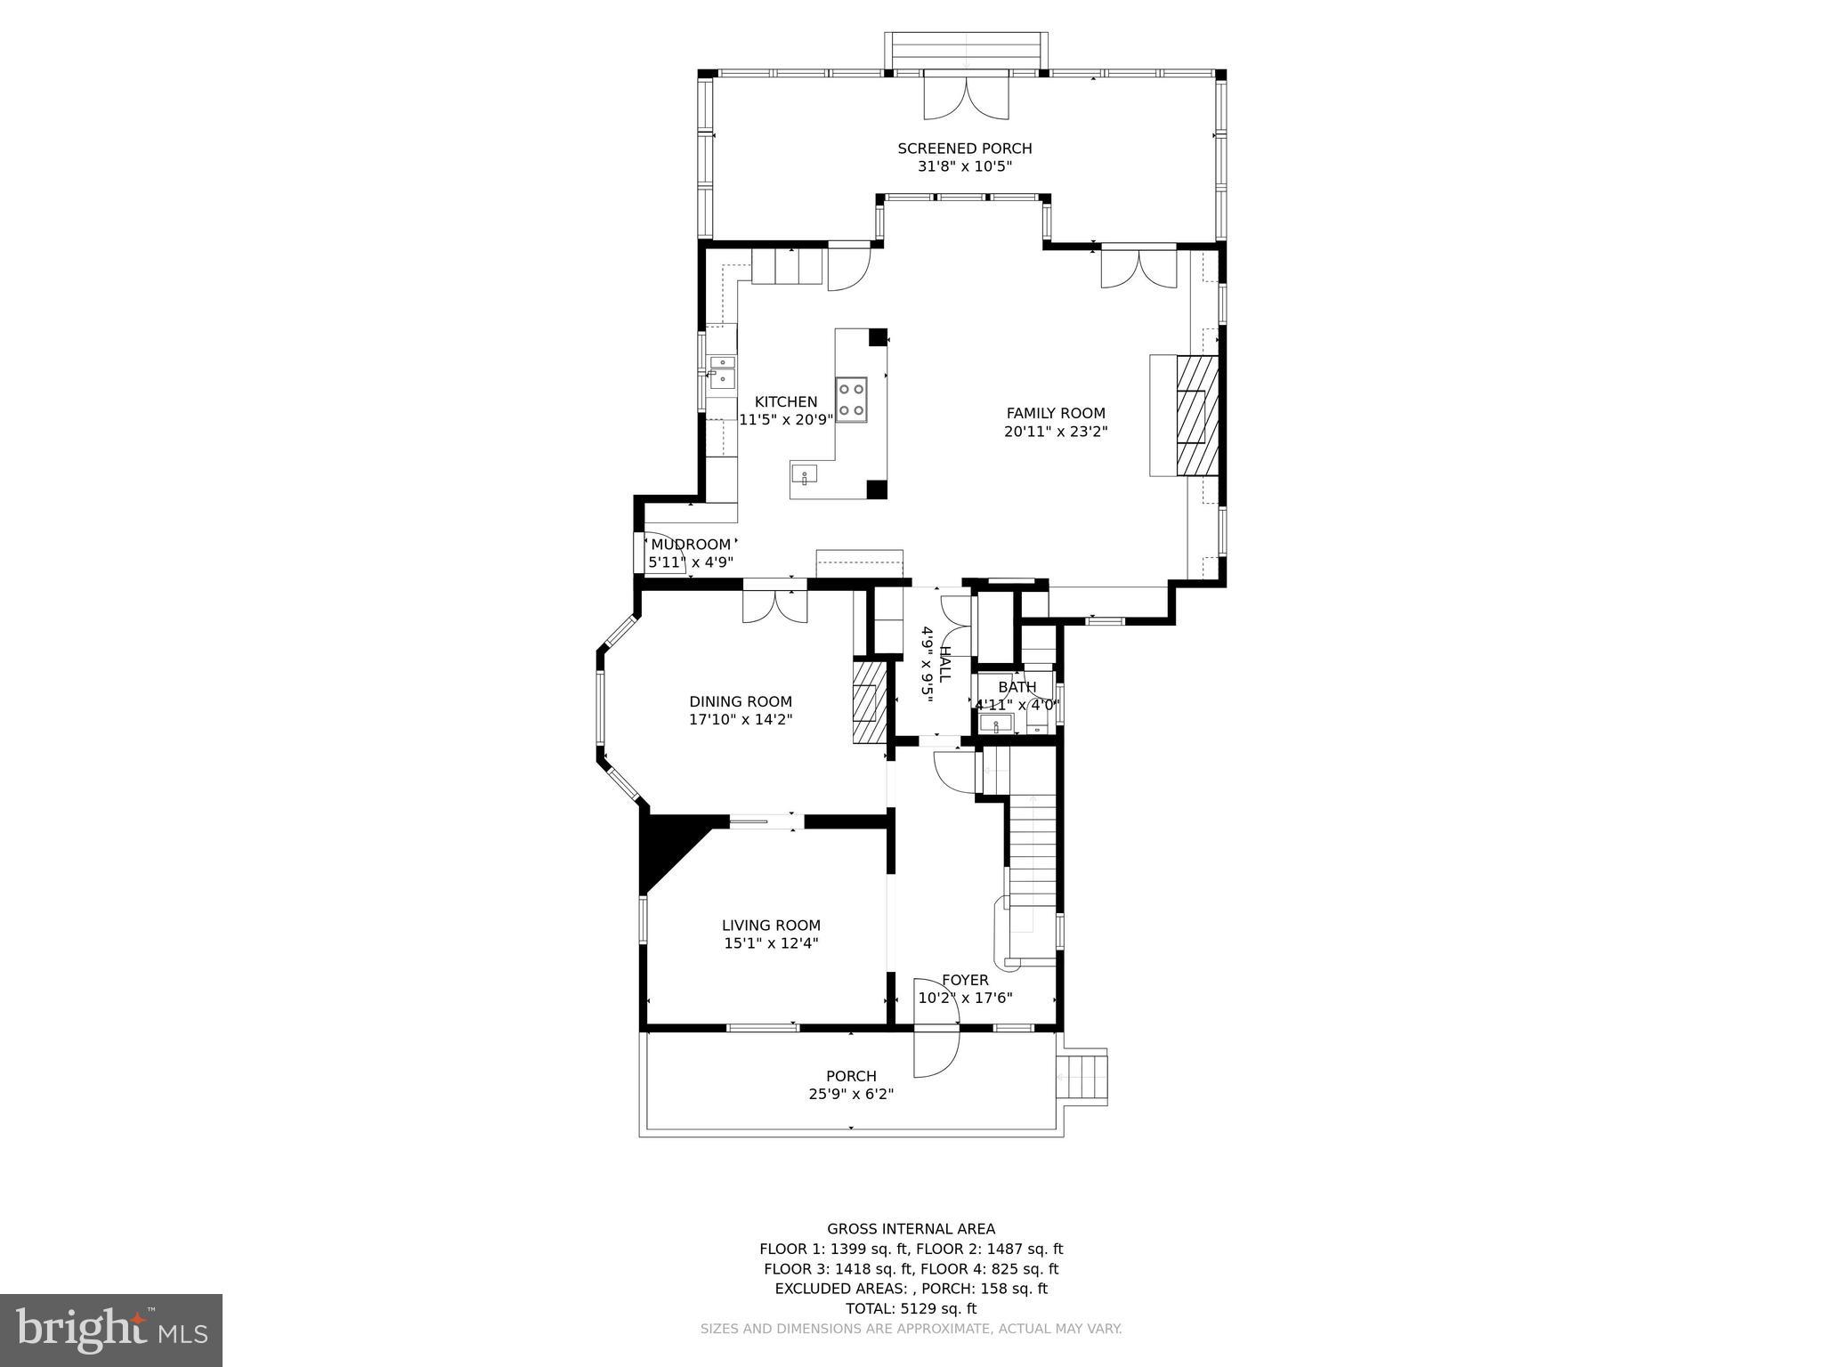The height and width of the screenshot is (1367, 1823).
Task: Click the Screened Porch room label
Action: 964,149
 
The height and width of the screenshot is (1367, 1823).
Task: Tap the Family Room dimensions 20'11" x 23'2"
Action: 1056,432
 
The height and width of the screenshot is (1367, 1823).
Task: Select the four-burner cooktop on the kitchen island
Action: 851,400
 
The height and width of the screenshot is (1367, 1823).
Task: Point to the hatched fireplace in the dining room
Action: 870,700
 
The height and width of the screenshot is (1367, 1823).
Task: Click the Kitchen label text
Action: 785,402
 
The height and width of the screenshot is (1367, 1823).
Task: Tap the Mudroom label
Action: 691,545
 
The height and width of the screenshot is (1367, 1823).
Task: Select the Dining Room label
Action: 740,701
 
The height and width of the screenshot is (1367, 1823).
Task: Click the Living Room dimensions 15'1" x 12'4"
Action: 771,943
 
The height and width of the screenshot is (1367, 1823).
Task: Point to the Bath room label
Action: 1017,687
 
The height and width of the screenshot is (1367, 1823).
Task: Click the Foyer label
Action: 965,980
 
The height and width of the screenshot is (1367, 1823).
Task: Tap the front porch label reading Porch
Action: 851,1076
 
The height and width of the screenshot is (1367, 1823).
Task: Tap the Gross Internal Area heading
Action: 911,1229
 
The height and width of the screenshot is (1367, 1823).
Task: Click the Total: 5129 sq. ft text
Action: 911,1308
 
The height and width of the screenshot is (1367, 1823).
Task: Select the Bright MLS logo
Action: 111,1330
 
